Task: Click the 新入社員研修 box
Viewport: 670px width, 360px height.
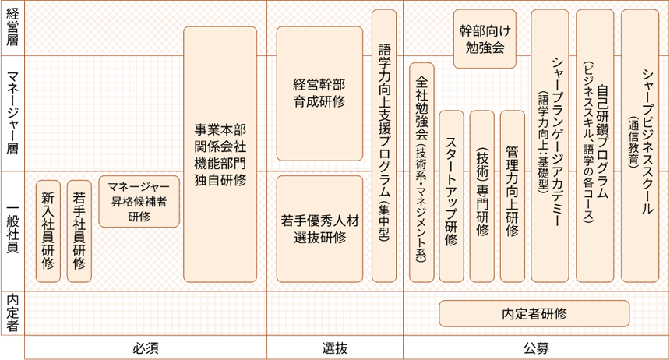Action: click(49, 230)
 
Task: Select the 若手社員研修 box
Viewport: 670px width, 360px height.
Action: click(79, 230)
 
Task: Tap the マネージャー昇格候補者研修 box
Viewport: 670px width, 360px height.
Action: click(139, 201)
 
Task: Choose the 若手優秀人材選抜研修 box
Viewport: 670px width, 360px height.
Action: click(320, 228)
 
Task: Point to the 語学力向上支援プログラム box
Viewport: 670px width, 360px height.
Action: click(383, 146)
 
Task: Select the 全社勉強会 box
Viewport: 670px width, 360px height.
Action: click(421, 171)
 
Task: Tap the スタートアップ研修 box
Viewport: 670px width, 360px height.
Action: click(452, 196)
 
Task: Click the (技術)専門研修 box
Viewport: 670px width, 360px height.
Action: click(482, 196)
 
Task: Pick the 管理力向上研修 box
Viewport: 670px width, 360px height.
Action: click(512, 196)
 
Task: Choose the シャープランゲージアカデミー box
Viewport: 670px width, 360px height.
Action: click(550, 146)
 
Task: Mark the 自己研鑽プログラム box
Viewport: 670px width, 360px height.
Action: click(595, 146)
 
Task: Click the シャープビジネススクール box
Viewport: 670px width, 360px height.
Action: click(644, 146)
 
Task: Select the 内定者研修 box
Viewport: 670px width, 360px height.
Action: click(534, 313)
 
